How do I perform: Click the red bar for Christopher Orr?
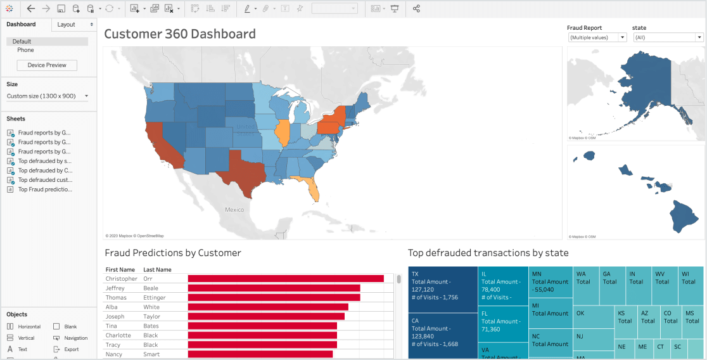pyautogui.click(x=286, y=279)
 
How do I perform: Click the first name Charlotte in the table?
pyautogui.click(x=118, y=335)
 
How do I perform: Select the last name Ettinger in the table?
pyautogui.click(x=155, y=298)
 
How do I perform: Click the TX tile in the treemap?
pyautogui.click(x=442, y=289)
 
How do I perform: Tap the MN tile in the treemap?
pyautogui.click(x=550, y=281)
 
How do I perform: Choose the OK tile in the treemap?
pyautogui.click(x=593, y=317)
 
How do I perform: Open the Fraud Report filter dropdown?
pyautogui.click(x=597, y=37)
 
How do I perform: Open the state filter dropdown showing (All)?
pyautogui.click(x=668, y=37)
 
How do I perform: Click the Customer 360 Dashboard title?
pyautogui.click(x=180, y=34)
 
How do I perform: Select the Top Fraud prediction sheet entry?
pyautogui.click(x=44, y=190)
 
